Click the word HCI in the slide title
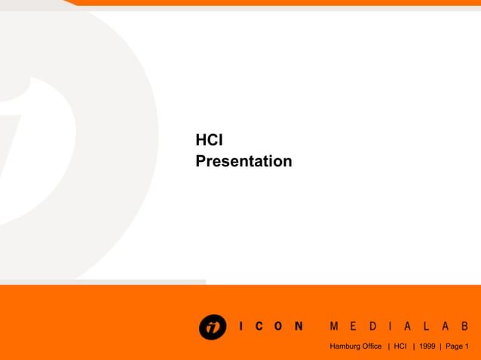point(209,140)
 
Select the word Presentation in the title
point(244,161)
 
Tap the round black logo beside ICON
point(213,327)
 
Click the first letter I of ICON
point(240,327)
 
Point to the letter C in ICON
point(259,327)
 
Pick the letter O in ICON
point(278,327)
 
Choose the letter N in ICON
point(299,327)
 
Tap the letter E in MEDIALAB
point(354,327)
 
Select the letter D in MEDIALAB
point(372,327)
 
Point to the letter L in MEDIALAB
point(427,327)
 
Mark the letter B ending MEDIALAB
point(464,327)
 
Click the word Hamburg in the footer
point(345,346)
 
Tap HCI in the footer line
point(400,346)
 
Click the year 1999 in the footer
point(427,346)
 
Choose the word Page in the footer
point(455,346)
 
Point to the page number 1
point(467,346)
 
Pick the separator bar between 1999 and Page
point(441,346)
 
